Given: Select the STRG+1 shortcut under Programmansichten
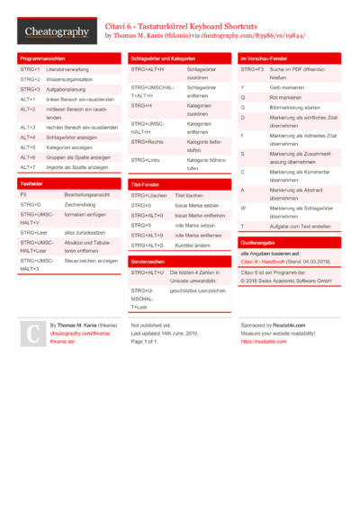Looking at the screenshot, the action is pos(29,69).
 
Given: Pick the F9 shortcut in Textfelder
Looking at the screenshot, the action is pos(23,194).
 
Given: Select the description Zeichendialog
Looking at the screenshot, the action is pos(82,205).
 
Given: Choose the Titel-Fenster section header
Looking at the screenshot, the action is pos(145,183).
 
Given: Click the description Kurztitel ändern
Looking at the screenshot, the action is pos(194,245).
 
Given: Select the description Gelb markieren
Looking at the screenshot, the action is pos(286,87).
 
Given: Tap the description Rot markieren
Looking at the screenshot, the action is pos(285,97).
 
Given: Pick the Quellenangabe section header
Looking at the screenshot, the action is pos(260,243).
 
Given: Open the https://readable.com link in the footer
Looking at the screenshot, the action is pos(264,342).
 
